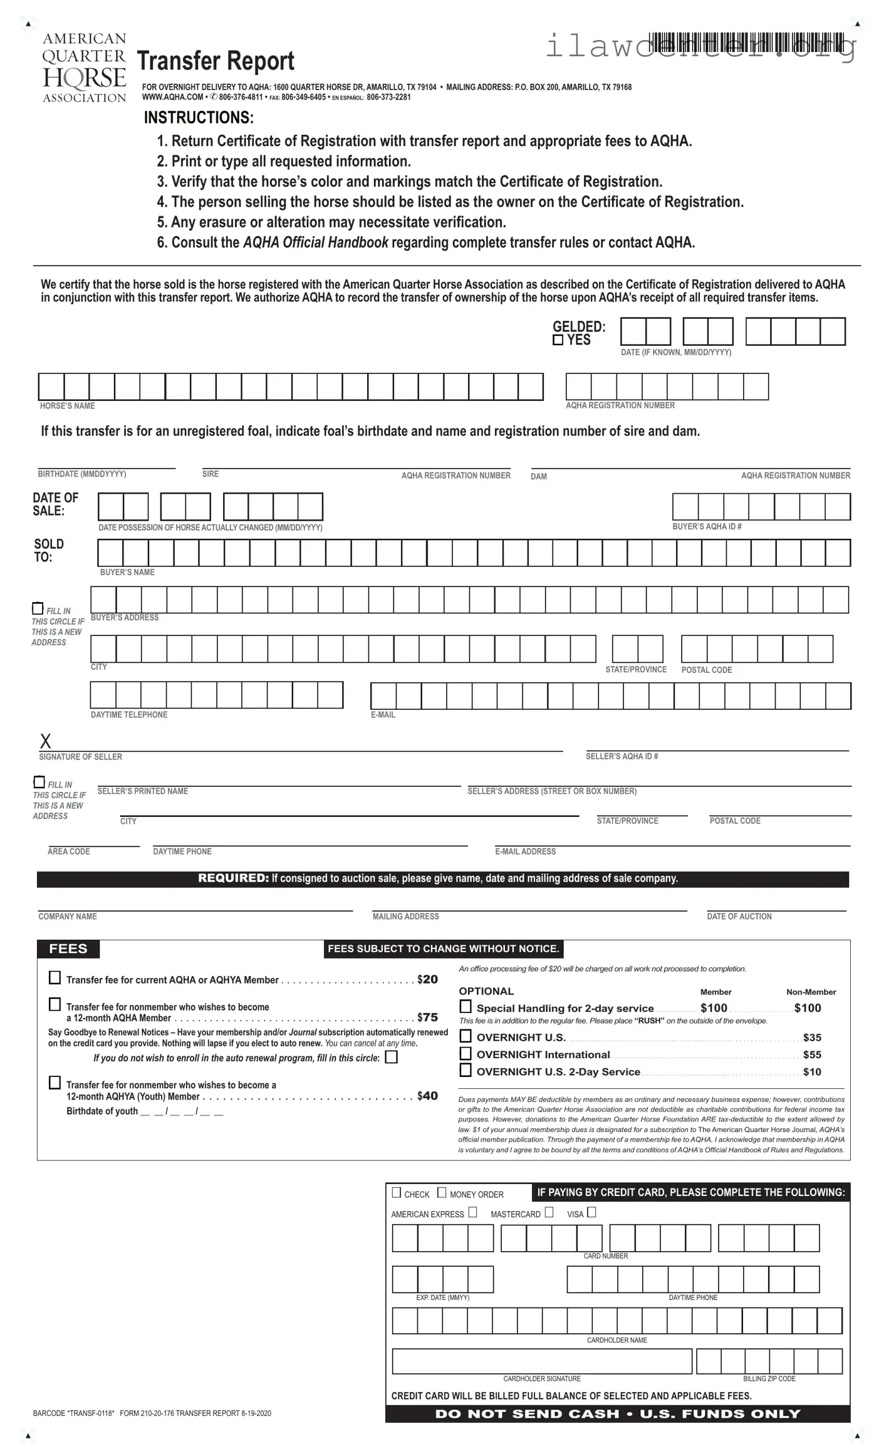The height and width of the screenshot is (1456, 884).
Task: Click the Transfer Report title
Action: point(216,61)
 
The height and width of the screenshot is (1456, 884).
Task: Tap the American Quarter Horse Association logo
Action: point(84,68)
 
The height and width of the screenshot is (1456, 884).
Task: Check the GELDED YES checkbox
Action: point(558,340)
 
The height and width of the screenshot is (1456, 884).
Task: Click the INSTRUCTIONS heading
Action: point(199,118)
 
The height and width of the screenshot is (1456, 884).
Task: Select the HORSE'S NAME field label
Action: point(67,406)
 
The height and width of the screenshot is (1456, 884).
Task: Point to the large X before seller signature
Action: point(45,741)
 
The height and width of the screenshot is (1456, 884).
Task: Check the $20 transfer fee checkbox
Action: point(55,977)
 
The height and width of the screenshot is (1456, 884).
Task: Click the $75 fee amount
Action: point(427,1017)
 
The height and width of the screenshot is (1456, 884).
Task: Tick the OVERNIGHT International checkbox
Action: point(465,1053)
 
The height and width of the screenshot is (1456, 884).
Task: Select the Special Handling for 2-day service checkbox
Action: point(465,1006)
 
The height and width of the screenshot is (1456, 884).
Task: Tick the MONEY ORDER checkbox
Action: point(442,1192)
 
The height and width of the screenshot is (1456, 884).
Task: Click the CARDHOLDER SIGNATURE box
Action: point(541,1361)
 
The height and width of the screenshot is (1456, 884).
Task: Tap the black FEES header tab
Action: point(68,949)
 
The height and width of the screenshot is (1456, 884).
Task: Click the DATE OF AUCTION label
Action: point(739,916)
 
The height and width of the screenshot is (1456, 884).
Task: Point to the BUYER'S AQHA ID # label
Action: point(707,526)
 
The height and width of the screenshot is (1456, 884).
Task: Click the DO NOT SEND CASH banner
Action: point(617,1413)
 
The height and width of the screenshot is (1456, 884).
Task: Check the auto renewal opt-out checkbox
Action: point(391,1058)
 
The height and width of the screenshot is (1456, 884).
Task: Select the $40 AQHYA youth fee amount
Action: point(427,1096)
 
